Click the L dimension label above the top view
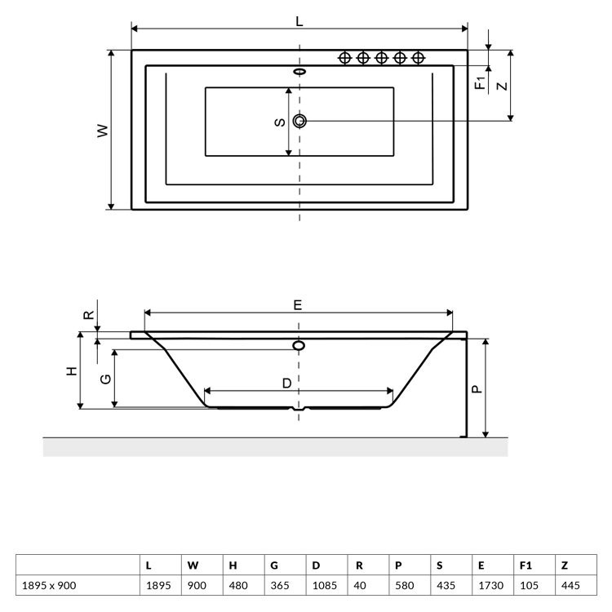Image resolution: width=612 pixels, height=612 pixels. (299, 21)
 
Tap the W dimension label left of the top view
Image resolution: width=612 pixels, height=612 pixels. (103, 131)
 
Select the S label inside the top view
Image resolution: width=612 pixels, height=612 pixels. (280, 122)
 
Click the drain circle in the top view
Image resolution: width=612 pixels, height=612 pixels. (299, 121)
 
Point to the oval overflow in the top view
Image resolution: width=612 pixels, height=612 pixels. (299, 72)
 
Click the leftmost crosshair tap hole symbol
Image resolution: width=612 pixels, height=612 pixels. (344, 58)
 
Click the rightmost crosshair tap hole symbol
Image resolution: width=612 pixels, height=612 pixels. (418, 58)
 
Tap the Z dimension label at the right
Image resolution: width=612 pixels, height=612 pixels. (503, 86)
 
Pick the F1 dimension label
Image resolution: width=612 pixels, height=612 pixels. (480, 82)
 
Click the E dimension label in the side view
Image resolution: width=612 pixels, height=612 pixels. (297, 305)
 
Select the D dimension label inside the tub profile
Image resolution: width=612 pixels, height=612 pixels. (287, 384)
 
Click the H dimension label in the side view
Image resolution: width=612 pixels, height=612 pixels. (72, 370)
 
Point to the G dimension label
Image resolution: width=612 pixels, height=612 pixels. (106, 379)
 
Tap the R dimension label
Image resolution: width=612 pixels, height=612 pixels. (89, 315)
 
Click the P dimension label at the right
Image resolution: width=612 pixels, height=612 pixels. (477, 389)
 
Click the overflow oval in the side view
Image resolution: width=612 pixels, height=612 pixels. (299, 345)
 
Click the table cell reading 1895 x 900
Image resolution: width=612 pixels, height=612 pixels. (49, 585)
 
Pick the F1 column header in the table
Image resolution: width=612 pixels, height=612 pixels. (526, 565)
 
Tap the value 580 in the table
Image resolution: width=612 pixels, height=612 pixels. (405, 585)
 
